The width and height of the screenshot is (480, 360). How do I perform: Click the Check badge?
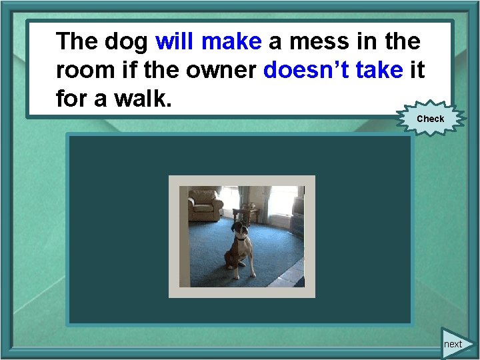click(430, 119)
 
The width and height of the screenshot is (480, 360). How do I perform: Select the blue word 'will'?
click(174, 42)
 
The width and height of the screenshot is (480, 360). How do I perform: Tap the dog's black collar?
click(241, 238)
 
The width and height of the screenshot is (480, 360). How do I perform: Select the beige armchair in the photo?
click(204, 205)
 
